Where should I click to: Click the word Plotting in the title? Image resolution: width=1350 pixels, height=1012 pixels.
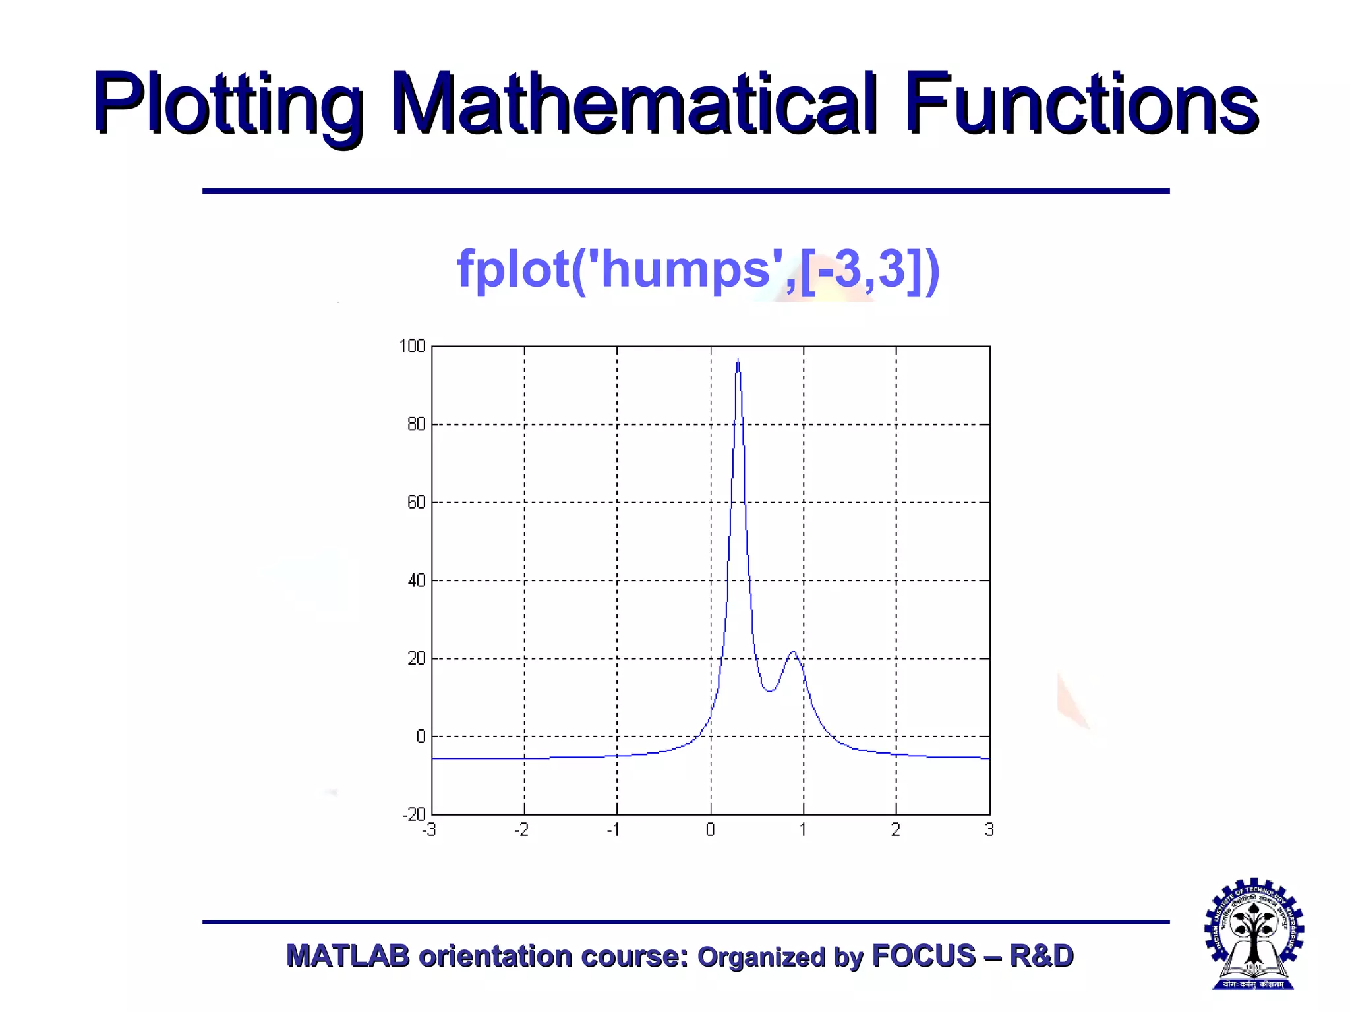click(227, 105)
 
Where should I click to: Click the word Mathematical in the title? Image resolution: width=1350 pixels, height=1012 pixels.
click(633, 105)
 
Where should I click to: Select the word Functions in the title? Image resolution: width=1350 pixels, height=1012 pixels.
click(1081, 105)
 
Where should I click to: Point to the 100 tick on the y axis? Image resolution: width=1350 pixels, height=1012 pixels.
click(413, 347)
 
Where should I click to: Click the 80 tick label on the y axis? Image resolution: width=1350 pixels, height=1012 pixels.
click(417, 424)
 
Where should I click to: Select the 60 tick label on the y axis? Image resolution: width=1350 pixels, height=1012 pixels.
click(417, 503)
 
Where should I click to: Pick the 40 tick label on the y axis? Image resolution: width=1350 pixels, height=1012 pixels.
click(417, 580)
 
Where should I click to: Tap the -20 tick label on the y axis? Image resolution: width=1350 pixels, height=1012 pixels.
click(414, 814)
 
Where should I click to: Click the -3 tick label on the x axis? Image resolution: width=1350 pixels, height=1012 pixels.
click(429, 830)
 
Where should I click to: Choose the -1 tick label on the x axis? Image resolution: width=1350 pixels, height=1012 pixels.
click(614, 830)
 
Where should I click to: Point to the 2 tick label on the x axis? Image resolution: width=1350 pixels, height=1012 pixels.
click(896, 830)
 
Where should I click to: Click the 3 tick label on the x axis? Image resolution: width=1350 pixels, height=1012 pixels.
click(989, 830)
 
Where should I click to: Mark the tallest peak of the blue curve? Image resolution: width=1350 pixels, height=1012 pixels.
click(738, 360)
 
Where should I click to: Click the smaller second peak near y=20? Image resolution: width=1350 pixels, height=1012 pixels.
click(794, 652)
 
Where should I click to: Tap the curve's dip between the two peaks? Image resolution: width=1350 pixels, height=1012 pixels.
click(769, 690)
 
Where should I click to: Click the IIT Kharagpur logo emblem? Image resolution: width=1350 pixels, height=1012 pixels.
click(1254, 934)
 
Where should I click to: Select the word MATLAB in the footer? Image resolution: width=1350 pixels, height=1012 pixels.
click(348, 956)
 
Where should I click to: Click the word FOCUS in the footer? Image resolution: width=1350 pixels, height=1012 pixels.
click(924, 956)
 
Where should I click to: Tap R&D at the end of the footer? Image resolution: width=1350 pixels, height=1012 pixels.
click(1042, 956)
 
